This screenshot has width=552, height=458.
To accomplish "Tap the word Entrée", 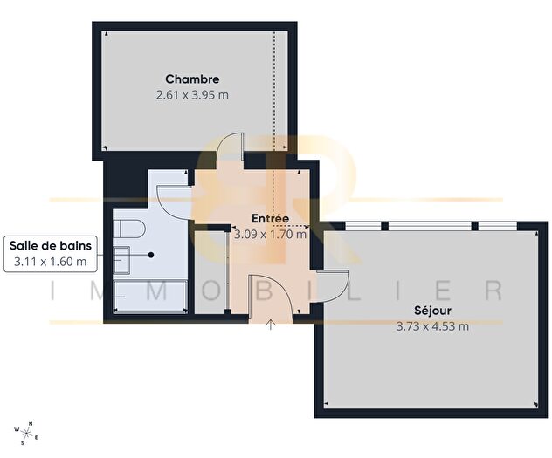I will click(270, 218).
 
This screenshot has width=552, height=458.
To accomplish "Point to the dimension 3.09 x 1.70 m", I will click(270, 234).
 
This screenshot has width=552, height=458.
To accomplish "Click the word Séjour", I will click(433, 311).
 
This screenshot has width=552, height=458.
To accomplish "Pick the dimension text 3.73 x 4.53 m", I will click(433, 326).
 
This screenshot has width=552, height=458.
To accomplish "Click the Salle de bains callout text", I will click(50, 246).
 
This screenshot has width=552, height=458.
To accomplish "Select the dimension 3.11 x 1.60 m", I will click(50, 261).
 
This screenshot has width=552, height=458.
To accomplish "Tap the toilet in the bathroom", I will click(128, 231).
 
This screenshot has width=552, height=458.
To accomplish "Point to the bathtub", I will click(150, 297).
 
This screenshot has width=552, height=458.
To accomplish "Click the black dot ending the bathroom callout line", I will click(151, 255).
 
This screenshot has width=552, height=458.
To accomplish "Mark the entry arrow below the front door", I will click(271, 326).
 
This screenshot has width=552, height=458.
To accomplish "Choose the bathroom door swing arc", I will click(171, 177).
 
